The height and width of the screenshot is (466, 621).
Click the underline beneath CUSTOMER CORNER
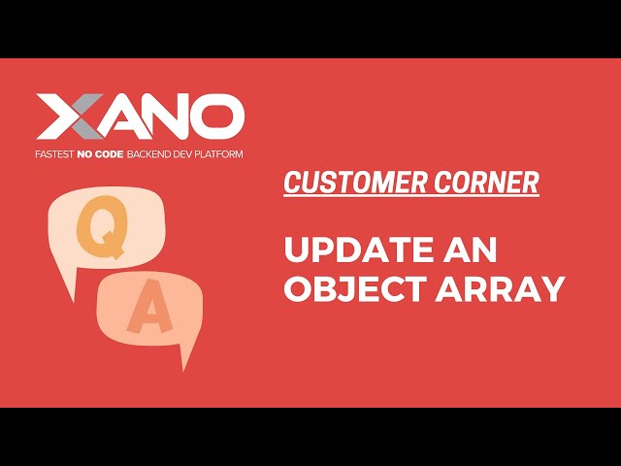click(x=411, y=195)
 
